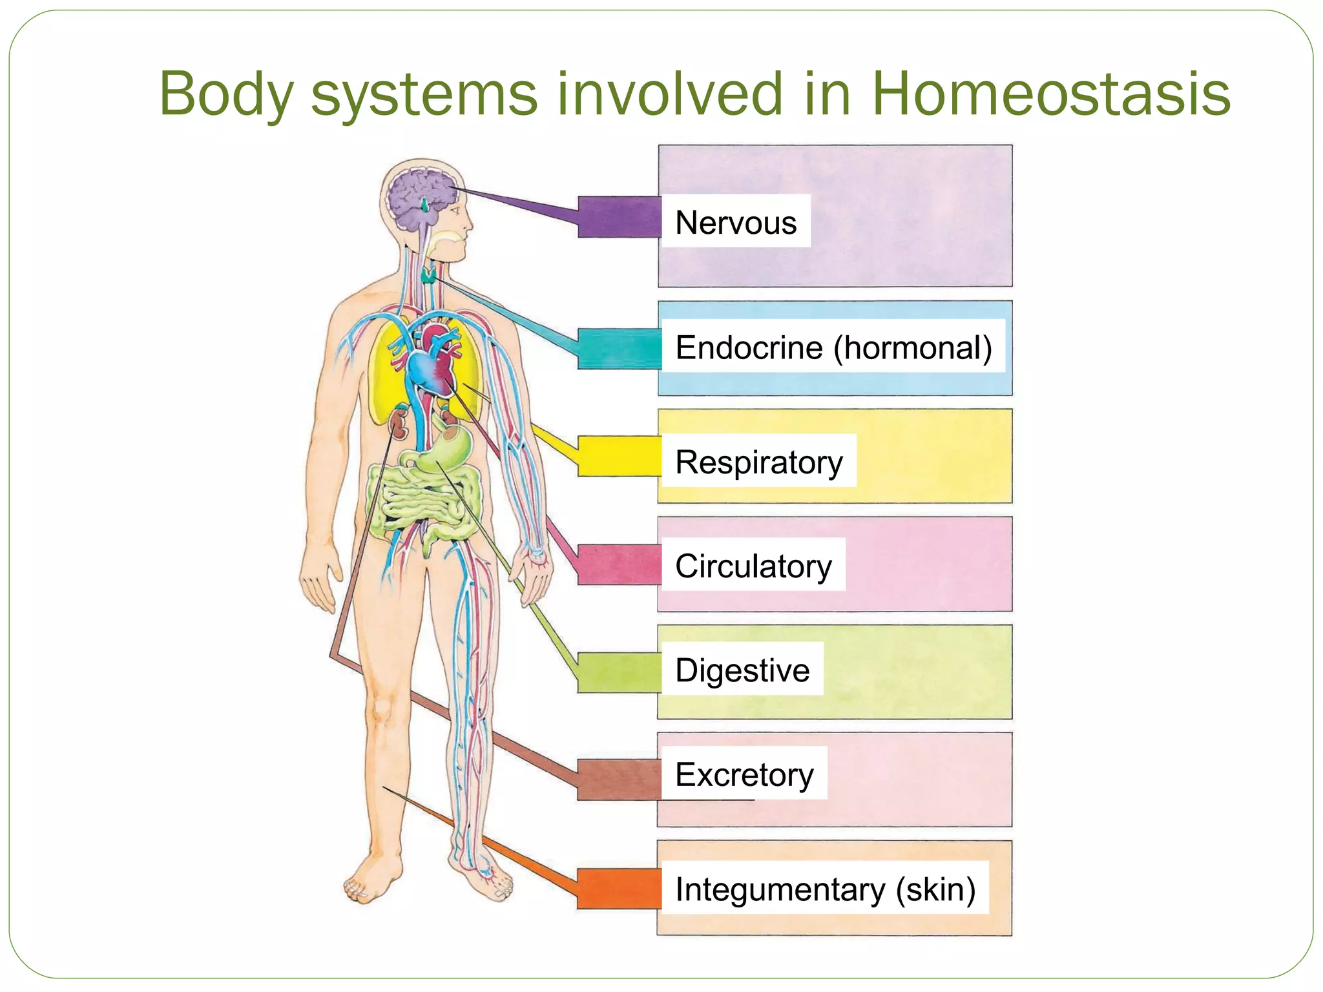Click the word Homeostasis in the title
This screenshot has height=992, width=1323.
1050,94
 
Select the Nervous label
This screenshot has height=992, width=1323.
736,222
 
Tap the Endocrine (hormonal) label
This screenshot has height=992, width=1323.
833,347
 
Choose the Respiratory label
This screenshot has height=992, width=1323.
759,462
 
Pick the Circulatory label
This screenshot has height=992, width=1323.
753,566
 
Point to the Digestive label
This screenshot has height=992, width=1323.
742,670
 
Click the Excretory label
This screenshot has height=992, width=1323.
744,774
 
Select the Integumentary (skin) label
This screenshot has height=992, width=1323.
825,889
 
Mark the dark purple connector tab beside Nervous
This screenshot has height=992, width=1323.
618,217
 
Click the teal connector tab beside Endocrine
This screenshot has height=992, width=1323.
618,349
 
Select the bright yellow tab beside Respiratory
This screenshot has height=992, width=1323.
618,456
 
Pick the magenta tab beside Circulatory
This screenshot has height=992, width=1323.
618,564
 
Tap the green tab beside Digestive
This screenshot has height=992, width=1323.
618,672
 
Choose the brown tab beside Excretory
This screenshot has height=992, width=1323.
618,780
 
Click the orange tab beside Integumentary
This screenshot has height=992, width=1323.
618,889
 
